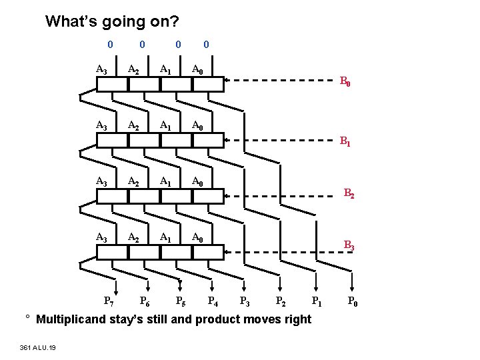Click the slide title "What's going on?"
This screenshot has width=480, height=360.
pyautogui.click(x=111, y=21)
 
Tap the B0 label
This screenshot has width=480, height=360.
pyautogui.click(x=345, y=83)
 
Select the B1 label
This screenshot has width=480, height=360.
pyautogui.click(x=345, y=141)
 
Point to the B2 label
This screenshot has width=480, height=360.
pyautogui.click(x=349, y=193)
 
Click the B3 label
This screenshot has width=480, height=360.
pyautogui.click(x=349, y=245)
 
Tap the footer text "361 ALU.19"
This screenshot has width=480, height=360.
pyautogui.click(x=38, y=347)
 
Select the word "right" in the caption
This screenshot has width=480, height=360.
pyautogui.click(x=297, y=319)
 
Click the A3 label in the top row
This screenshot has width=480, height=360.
pyautogui.click(x=102, y=69)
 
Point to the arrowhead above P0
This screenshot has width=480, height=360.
pyautogui.click(x=352, y=286)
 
